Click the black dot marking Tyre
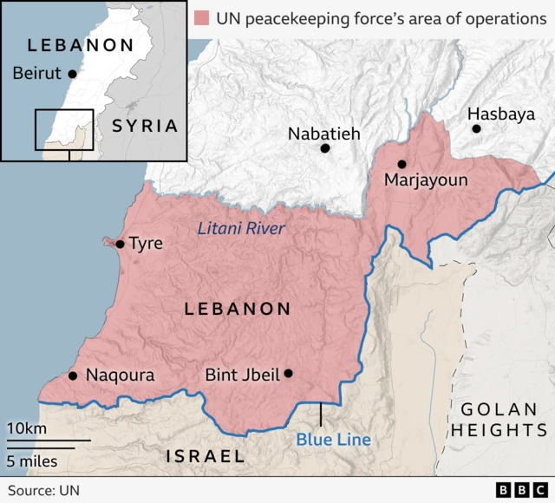point(120,244)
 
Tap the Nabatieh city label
point(323,134)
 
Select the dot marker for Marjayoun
point(402,164)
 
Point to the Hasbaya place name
point(501,114)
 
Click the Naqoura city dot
point(72,376)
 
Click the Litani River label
point(241,228)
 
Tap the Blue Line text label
point(333,440)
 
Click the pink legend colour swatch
point(203,17)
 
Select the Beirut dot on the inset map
point(72,74)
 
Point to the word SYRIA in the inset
point(145,126)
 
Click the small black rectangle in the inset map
point(63,130)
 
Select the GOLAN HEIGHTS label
point(503,419)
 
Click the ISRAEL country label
point(205,455)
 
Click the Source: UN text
point(43,490)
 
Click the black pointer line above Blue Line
point(321,414)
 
